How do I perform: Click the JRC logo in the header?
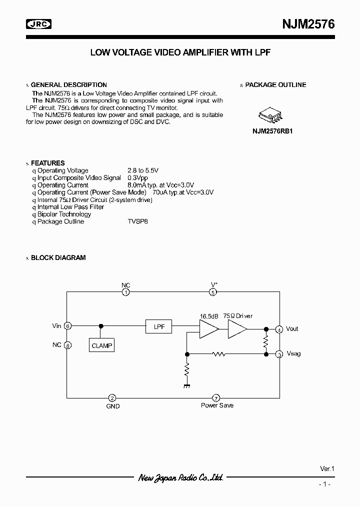[x=39, y=23]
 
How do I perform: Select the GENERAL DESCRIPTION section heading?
[x=69, y=85]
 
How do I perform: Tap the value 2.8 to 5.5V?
[x=143, y=170]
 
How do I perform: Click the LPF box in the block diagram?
[x=159, y=326]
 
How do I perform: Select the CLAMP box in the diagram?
[x=102, y=345]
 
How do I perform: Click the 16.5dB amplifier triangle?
[x=208, y=328]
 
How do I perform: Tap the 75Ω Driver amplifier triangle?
[x=237, y=328]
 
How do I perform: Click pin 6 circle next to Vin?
[x=67, y=326]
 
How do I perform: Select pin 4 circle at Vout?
[x=279, y=329]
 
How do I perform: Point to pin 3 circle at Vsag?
[x=279, y=354]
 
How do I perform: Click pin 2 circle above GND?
[x=112, y=398]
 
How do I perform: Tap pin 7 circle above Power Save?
[x=216, y=398]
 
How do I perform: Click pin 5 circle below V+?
[x=213, y=292]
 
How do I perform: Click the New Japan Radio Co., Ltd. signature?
[x=180, y=478]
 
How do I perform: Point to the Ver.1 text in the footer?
[x=326, y=469]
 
